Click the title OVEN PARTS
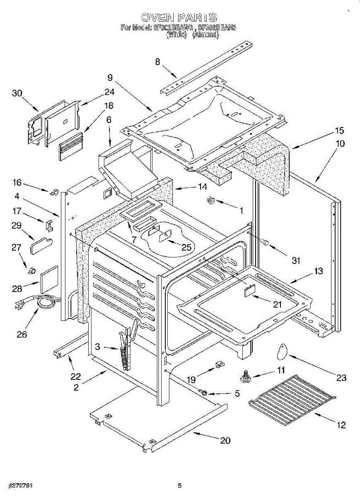click(179, 17)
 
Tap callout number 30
click(17, 94)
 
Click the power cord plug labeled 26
click(19, 305)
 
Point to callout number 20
click(225, 441)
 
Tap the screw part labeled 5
click(204, 392)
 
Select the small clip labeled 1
click(210, 201)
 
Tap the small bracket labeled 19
click(218, 365)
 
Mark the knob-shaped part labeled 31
click(264, 241)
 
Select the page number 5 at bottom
click(179, 485)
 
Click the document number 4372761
click(17, 485)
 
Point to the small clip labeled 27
click(29, 271)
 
